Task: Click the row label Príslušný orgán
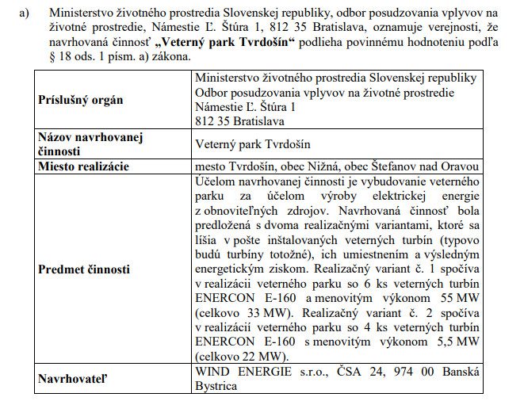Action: coord(80,101)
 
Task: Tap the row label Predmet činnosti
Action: coord(84,269)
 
